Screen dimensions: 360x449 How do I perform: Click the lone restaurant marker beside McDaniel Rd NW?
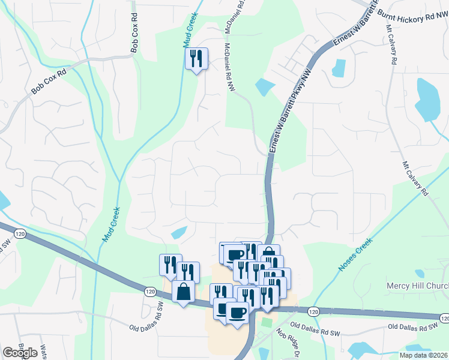[x=196, y=59]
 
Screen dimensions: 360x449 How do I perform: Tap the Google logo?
[x=20, y=353]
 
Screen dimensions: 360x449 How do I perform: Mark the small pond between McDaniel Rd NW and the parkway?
[x=264, y=87]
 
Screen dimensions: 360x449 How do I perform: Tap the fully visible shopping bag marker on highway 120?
[x=183, y=292]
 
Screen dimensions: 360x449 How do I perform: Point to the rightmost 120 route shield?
[x=442, y=317]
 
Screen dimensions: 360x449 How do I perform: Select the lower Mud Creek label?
[x=112, y=224]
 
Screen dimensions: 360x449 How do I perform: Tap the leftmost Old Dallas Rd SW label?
[x=147, y=327]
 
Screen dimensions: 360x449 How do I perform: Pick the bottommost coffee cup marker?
[x=237, y=313]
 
